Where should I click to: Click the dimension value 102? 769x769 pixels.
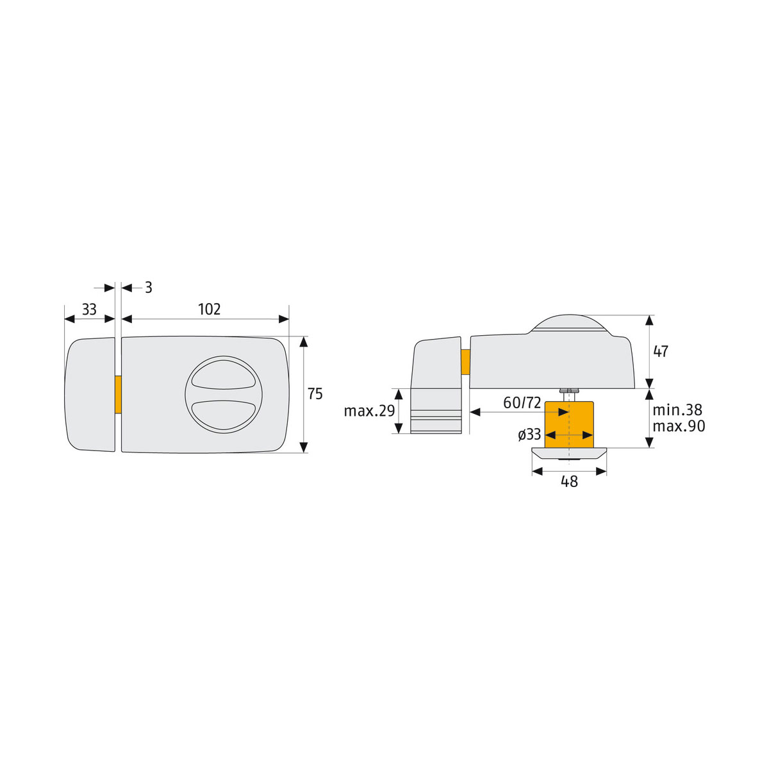(x=209, y=310)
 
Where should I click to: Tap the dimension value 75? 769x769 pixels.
(x=315, y=394)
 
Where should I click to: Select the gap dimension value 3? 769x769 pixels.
(x=149, y=287)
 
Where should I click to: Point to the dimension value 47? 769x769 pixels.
(x=661, y=351)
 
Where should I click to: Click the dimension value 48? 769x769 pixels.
(x=569, y=482)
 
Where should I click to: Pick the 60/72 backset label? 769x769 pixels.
(x=522, y=402)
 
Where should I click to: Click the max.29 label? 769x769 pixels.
(x=369, y=411)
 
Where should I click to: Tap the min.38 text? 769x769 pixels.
(x=677, y=410)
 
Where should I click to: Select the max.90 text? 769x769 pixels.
(x=679, y=426)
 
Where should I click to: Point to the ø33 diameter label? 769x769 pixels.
(x=529, y=434)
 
